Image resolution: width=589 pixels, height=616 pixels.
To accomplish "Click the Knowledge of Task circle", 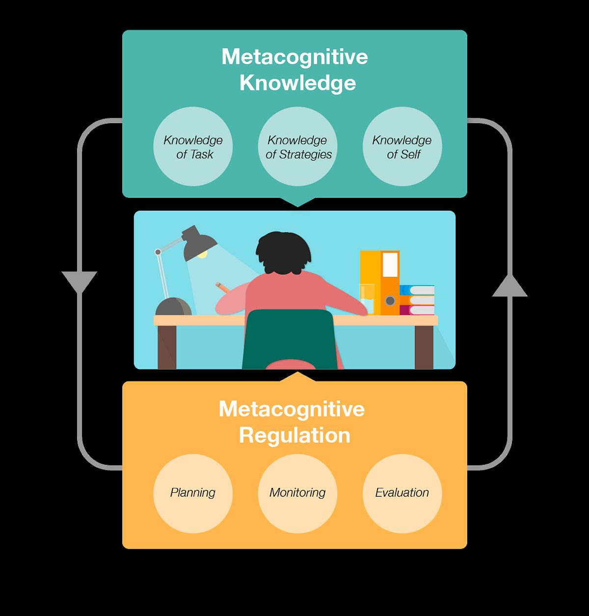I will [x=193, y=147].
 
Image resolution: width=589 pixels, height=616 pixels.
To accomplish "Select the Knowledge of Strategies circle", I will [x=297, y=147].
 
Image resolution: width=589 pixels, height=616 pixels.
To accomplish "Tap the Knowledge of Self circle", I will [x=402, y=147].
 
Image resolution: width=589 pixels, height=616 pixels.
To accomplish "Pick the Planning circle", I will [x=193, y=493].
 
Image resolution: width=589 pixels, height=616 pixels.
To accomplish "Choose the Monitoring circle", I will [x=297, y=493].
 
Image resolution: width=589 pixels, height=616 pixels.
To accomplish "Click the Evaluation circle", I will [x=402, y=493].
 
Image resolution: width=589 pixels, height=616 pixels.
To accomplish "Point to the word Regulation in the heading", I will [x=294, y=435].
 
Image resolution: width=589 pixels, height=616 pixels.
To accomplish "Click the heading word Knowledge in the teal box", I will [x=297, y=82].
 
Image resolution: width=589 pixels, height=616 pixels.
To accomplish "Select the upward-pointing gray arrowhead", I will [x=509, y=287].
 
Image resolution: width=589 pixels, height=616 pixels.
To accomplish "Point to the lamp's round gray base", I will [x=173, y=307].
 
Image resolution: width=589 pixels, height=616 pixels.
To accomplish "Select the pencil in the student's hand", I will [x=222, y=287].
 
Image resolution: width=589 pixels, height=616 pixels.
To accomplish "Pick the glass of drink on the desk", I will [x=367, y=298].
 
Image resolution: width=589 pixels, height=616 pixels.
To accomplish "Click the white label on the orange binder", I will [x=390, y=265].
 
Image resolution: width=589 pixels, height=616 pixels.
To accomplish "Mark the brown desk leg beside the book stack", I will [x=424, y=347].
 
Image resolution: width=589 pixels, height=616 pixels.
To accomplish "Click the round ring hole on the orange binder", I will [x=390, y=300].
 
